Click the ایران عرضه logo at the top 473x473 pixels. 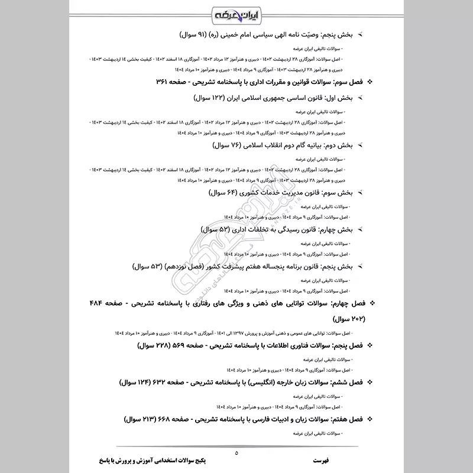point(237,13)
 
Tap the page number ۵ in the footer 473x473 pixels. point(236,453)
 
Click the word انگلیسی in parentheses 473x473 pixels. point(271,383)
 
